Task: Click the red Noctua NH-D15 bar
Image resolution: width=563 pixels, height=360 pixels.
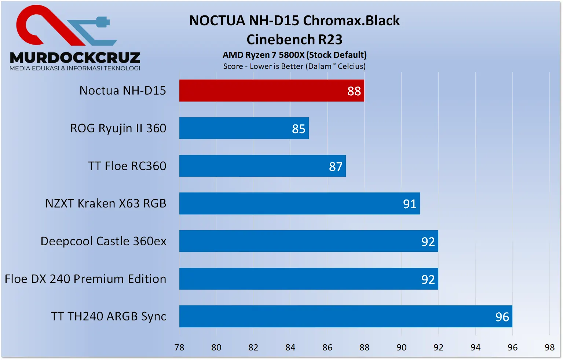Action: click(271, 91)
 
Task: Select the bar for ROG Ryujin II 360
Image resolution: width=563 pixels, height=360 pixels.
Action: click(244, 128)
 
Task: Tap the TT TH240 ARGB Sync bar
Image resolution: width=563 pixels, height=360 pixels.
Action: click(345, 316)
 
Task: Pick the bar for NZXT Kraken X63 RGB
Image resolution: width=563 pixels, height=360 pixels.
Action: click(299, 203)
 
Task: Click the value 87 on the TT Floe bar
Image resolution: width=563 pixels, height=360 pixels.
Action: click(336, 167)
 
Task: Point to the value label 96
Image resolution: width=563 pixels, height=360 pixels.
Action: click(502, 317)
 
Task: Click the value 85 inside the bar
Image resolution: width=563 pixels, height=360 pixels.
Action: click(299, 129)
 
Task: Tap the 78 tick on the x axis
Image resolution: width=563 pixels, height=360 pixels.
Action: click(179, 348)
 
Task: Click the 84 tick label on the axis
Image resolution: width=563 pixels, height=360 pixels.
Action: click(290, 348)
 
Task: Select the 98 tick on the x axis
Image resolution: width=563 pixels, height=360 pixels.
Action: click(549, 348)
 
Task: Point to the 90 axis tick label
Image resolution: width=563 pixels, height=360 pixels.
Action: click(401, 348)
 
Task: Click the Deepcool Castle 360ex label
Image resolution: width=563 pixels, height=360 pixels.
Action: click(103, 241)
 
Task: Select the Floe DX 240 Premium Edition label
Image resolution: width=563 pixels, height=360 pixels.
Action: click(85, 279)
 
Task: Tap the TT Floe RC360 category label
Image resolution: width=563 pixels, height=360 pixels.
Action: click(127, 166)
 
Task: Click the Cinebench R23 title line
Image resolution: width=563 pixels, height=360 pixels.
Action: click(295, 40)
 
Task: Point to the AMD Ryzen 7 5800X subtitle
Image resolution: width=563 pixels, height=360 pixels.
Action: click(295, 55)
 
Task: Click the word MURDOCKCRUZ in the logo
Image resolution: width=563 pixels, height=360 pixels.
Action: click(75, 58)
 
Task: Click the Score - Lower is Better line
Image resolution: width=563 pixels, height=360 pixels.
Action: click(295, 66)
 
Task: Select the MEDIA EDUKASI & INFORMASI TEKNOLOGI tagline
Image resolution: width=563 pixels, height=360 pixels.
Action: click(75, 68)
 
